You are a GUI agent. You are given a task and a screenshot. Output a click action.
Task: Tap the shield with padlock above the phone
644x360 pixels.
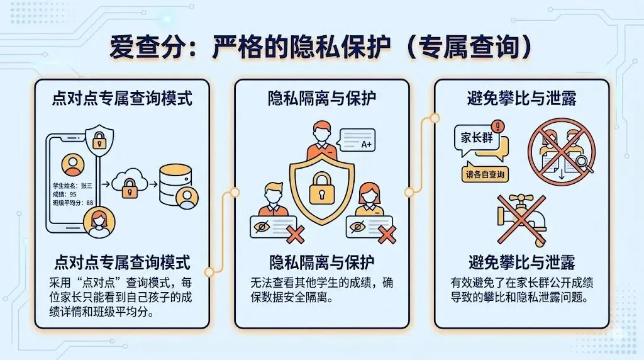[99, 138]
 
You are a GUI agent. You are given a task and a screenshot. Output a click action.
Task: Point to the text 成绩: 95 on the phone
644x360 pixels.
[65, 194]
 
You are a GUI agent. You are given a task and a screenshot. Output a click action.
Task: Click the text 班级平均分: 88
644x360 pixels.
[73, 203]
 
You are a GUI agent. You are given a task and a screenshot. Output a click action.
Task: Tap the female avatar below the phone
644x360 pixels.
[98, 223]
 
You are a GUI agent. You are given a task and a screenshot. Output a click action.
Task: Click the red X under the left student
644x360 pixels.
[293, 235]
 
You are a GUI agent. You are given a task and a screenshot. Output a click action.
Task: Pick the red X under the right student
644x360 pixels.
[387, 235]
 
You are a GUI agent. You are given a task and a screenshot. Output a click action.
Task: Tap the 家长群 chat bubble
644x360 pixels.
[478, 139]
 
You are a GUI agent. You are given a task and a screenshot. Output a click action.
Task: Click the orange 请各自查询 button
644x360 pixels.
[485, 174]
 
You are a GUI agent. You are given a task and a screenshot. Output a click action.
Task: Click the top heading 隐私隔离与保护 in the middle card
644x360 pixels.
[321, 98]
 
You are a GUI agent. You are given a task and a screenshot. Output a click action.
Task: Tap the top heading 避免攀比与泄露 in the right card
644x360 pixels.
[521, 98]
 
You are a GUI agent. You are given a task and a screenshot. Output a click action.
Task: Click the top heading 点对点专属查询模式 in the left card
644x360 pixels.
[121, 98]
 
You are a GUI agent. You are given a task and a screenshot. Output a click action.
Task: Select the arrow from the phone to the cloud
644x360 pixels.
[106, 183]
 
